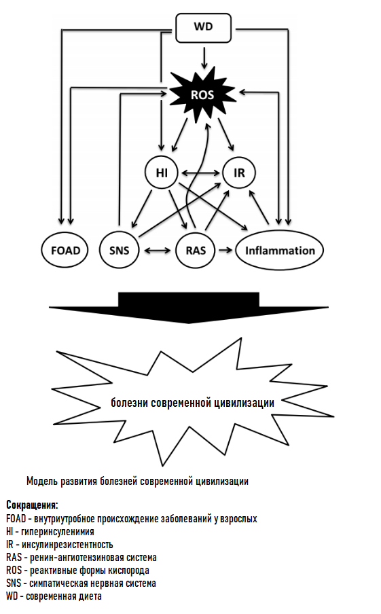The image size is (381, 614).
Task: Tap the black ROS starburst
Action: tap(202, 95)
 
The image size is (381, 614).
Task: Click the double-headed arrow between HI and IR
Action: tap(200, 173)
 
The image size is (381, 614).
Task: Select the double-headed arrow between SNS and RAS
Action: tap(158, 250)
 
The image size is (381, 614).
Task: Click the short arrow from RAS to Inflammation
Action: tap(225, 250)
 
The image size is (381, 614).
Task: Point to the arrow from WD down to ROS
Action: tap(203, 57)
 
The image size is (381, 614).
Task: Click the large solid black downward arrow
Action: tap(189, 308)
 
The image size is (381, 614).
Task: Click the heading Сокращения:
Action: tap(32, 505)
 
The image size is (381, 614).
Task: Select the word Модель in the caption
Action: tap(42, 481)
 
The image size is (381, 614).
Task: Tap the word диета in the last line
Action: tap(90, 596)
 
